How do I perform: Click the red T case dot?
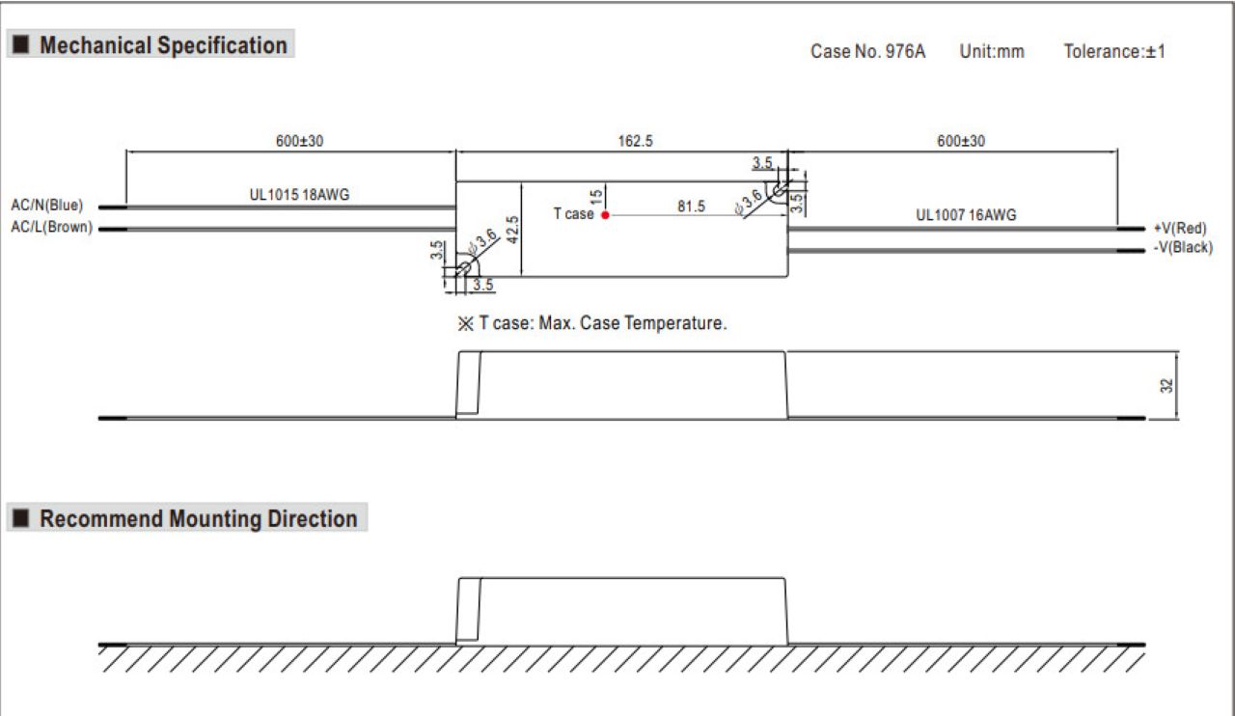pos(605,215)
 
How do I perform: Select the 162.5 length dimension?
pos(635,141)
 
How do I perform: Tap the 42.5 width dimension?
pos(512,230)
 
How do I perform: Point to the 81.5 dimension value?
pos(692,207)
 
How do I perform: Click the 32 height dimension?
pos(1166,386)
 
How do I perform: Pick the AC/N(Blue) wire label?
pos(47,206)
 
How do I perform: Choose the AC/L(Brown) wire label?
pos(52,227)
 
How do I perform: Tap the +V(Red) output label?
pos(1180,228)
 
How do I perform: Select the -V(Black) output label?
pos(1183,247)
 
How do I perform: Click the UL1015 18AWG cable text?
pos(299,195)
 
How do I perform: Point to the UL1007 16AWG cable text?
pos(966,215)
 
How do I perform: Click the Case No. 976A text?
pos(867,51)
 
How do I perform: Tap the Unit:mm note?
pos(992,51)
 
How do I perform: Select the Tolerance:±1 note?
pos(1114,51)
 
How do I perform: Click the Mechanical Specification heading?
pos(163,45)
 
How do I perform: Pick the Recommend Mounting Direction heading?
pos(199,518)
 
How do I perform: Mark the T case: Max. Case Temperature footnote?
pos(592,322)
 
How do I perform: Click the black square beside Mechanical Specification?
pos(21,44)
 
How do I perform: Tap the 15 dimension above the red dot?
pos(596,197)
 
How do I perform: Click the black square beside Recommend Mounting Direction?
pos(21,518)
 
